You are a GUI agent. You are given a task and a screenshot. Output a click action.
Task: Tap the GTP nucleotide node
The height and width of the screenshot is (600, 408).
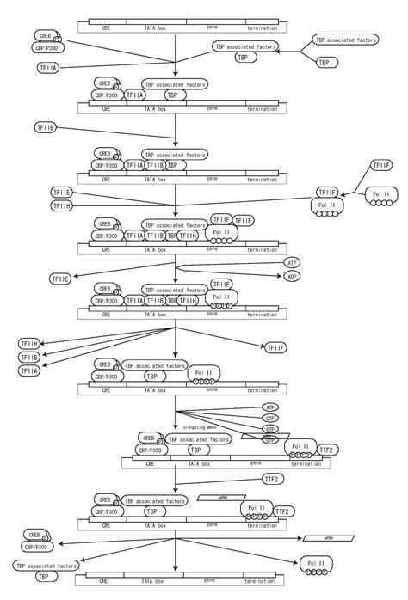[x=269, y=428]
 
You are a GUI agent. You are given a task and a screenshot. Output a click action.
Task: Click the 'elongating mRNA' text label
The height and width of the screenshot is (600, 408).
[x=200, y=426]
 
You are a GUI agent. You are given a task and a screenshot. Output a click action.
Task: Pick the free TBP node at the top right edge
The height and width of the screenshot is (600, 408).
[x=325, y=62]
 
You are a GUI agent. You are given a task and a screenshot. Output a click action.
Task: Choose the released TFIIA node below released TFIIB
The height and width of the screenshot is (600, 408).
[x=29, y=370]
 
